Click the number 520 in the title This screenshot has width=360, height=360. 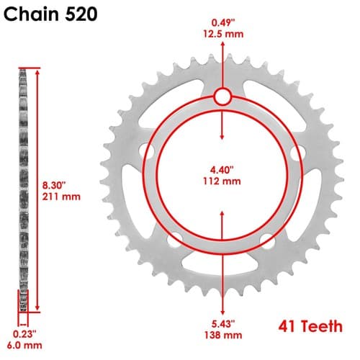pos(81,14)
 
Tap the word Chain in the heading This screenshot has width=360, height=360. pos(32,14)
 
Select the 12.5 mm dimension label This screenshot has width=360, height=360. pos(223,34)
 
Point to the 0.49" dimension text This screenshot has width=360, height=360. pos(222,23)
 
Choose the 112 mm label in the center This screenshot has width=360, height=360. pos(222,181)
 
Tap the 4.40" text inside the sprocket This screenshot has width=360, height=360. pos(222,170)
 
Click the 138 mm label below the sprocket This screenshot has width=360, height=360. pos(223,335)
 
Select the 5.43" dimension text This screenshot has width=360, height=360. pos(223,324)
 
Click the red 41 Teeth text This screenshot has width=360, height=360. pos(310,326)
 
